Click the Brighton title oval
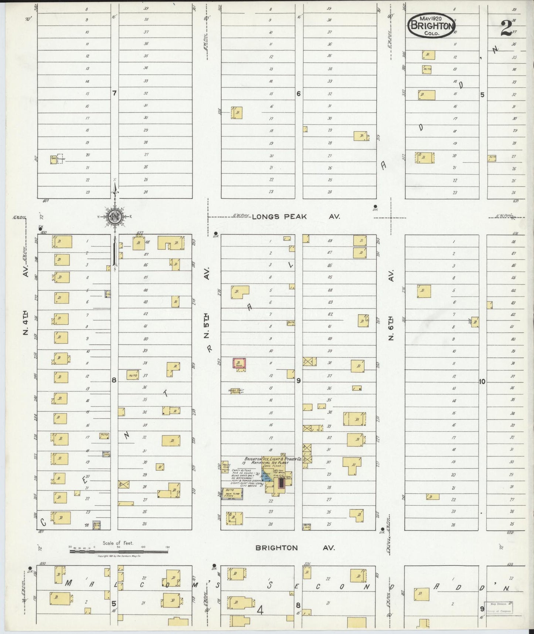[431, 26]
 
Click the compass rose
[115, 217]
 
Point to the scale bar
[118, 551]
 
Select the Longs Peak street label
[279, 217]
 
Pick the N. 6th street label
[391, 326]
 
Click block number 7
[115, 93]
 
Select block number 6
[299, 94]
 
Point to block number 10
[482, 382]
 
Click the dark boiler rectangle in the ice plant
[281, 483]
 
